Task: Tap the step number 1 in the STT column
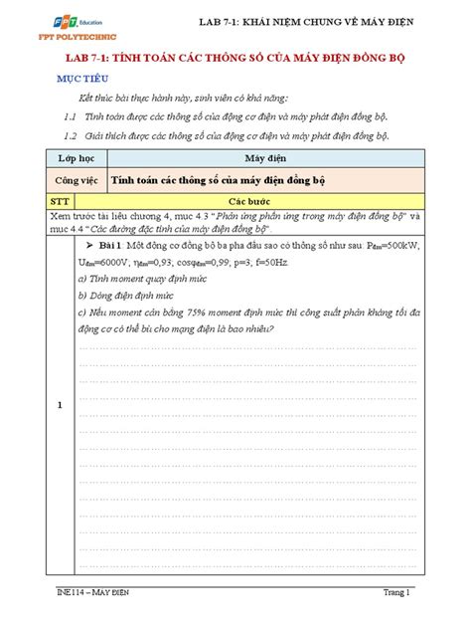point(60,405)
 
